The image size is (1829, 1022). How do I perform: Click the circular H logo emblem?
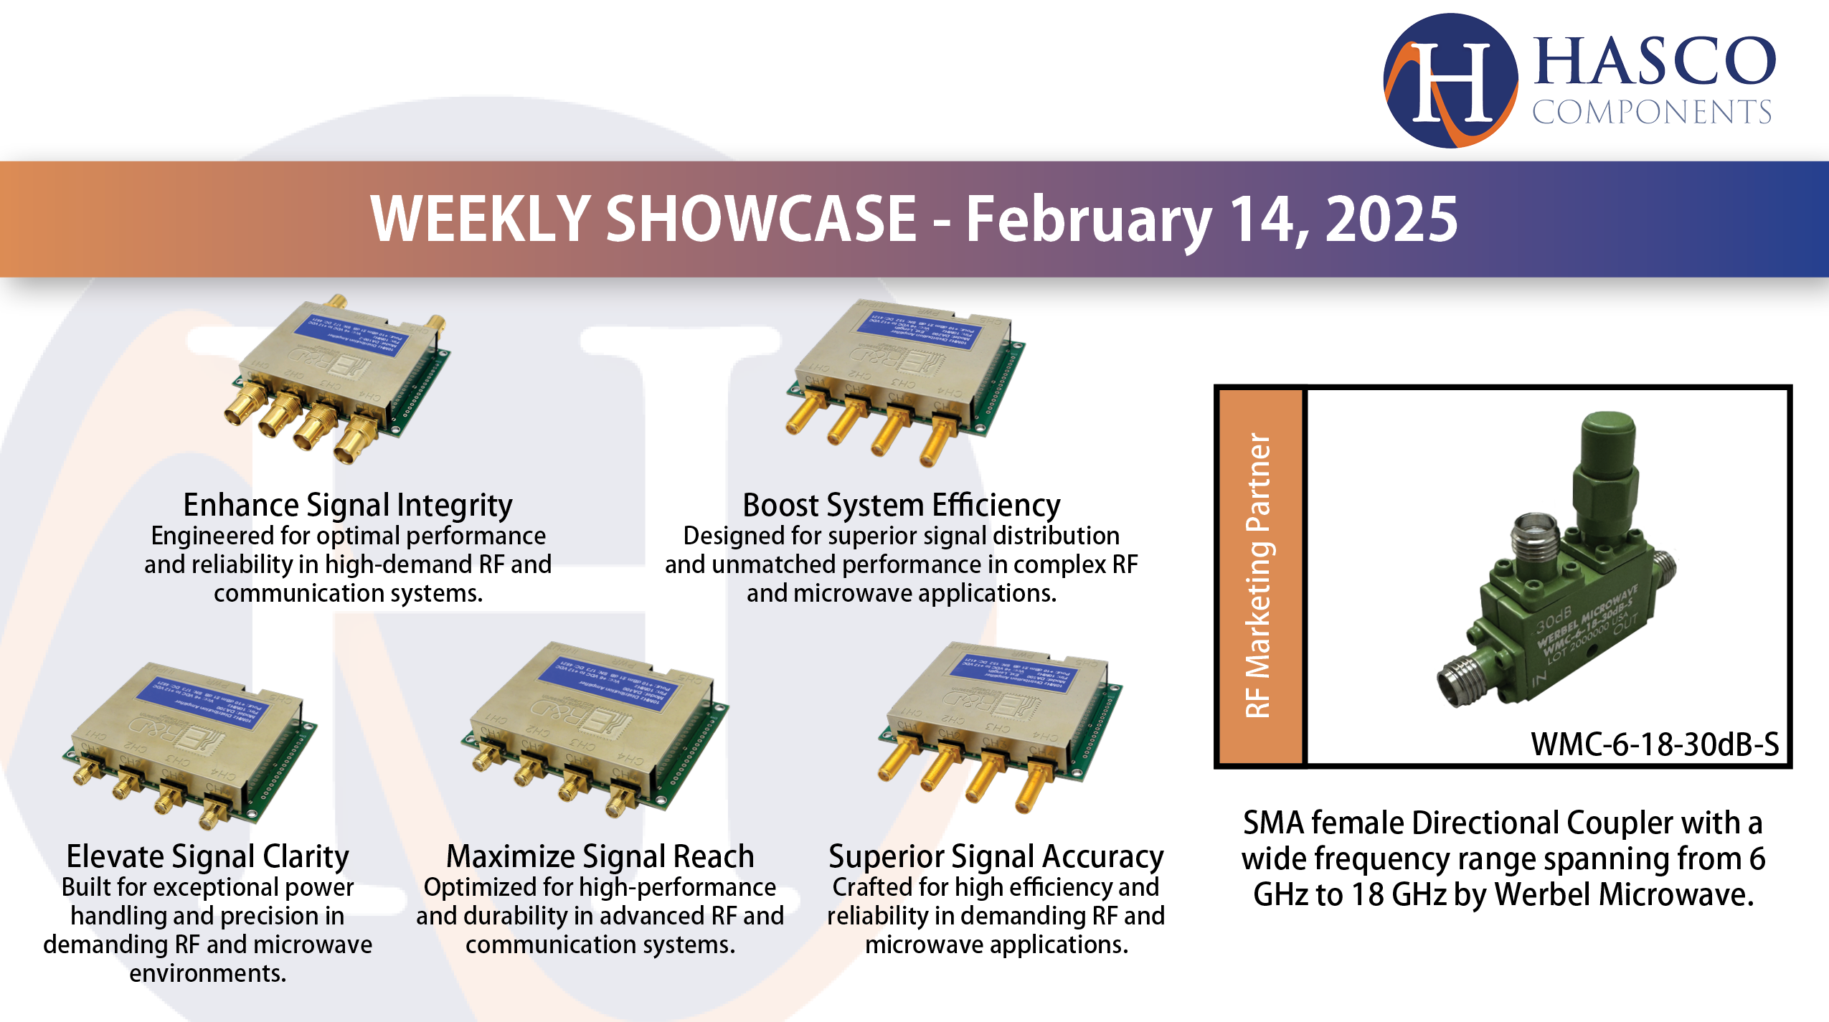click(x=1450, y=80)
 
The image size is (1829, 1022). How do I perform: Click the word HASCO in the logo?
click(x=1654, y=62)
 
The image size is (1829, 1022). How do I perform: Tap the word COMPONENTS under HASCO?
click(x=1651, y=113)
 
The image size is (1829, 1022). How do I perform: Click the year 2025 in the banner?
click(x=1391, y=219)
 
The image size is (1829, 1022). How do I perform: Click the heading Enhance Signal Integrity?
click(x=348, y=505)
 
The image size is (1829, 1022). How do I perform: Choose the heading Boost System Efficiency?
click(x=901, y=505)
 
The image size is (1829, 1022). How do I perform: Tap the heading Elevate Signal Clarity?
click(x=207, y=856)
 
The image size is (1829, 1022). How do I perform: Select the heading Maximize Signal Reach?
click(x=600, y=856)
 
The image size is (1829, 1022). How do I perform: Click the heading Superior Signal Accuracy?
click(x=996, y=856)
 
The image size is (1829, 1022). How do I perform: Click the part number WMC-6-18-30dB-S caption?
click(x=1654, y=744)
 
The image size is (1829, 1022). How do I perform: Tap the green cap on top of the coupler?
click(x=1609, y=438)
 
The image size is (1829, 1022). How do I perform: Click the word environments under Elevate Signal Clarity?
click(x=207, y=973)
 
